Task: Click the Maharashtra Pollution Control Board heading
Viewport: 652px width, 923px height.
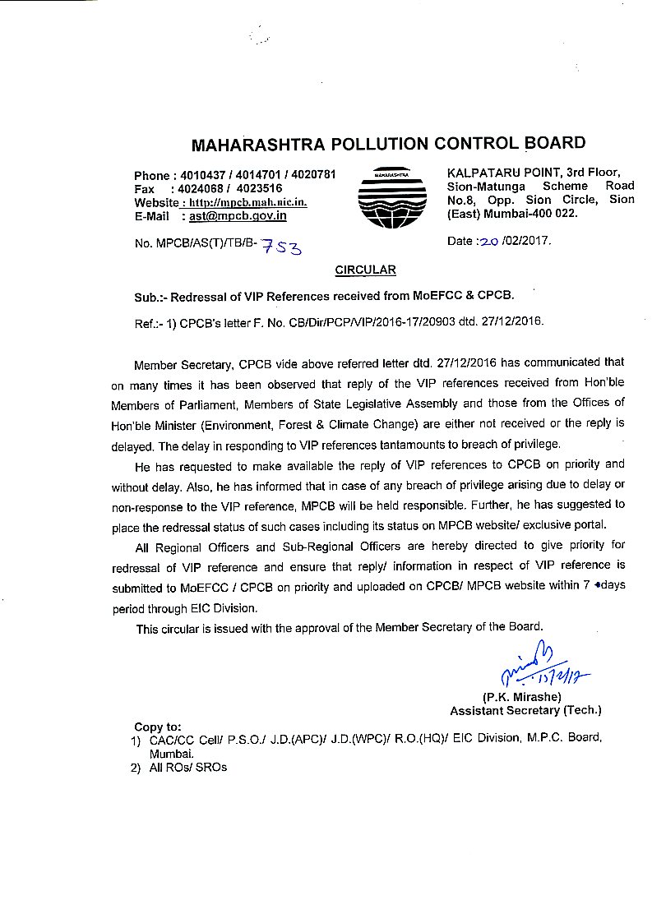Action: pyautogui.click(x=388, y=145)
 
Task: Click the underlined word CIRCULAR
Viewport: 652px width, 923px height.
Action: pyautogui.click(x=365, y=270)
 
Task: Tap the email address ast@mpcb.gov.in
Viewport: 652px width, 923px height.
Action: pyautogui.click(x=238, y=215)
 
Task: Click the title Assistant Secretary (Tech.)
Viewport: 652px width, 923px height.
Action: pyautogui.click(x=525, y=710)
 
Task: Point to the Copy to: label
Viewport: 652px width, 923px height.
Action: pyautogui.click(x=157, y=727)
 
